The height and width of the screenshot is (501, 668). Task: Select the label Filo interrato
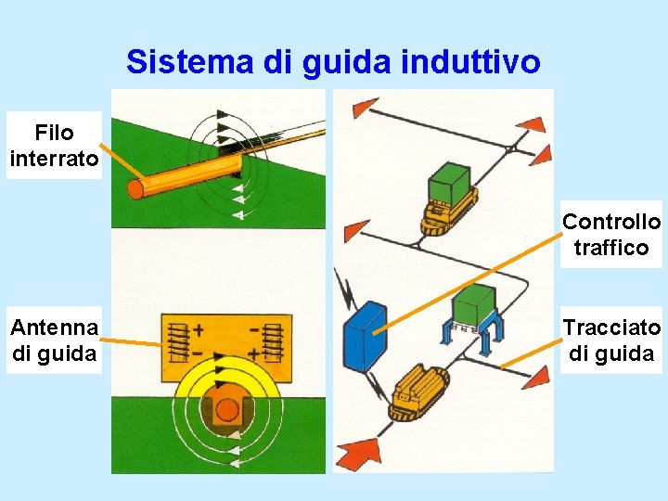tap(54, 146)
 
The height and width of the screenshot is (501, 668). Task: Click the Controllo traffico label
tap(611, 234)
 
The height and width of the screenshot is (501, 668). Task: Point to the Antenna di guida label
tap(54, 340)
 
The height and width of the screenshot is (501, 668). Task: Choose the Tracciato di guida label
tap(611, 340)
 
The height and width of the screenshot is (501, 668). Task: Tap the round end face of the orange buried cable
tap(136, 189)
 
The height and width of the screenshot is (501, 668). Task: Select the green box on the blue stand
tap(475, 305)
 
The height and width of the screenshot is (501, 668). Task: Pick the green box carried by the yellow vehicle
tap(451, 183)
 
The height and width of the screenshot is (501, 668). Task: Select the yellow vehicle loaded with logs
tap(417, 391)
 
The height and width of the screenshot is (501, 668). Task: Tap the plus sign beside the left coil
tap(199, 328)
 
